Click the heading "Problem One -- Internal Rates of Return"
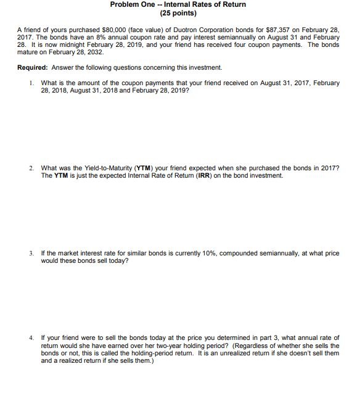[178, 4]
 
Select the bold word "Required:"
[33, 67]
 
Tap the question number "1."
[31, 83]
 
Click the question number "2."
[31, 168]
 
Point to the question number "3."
[31, 254]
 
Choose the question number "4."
[31, 338]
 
